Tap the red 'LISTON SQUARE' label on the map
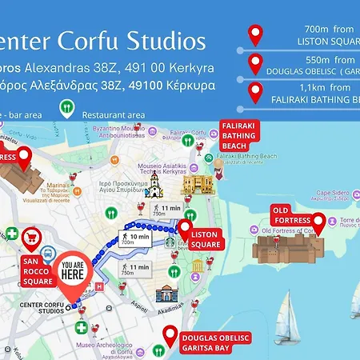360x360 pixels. [206, 239]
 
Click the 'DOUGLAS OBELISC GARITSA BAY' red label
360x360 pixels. [210, 342]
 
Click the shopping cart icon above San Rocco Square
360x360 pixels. [32, 238]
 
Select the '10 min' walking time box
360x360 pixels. [135, 238]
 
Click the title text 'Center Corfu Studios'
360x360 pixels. [104, 41]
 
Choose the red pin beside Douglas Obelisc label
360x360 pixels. [170, 335]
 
